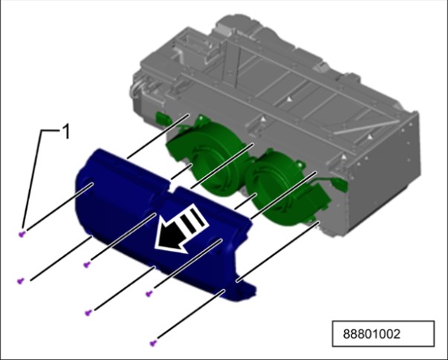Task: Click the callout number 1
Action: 66,132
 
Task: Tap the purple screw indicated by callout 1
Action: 22,234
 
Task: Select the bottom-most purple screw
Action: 153,343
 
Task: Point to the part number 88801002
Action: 371,334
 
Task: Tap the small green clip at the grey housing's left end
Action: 161,117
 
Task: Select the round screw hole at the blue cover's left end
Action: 88,186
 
